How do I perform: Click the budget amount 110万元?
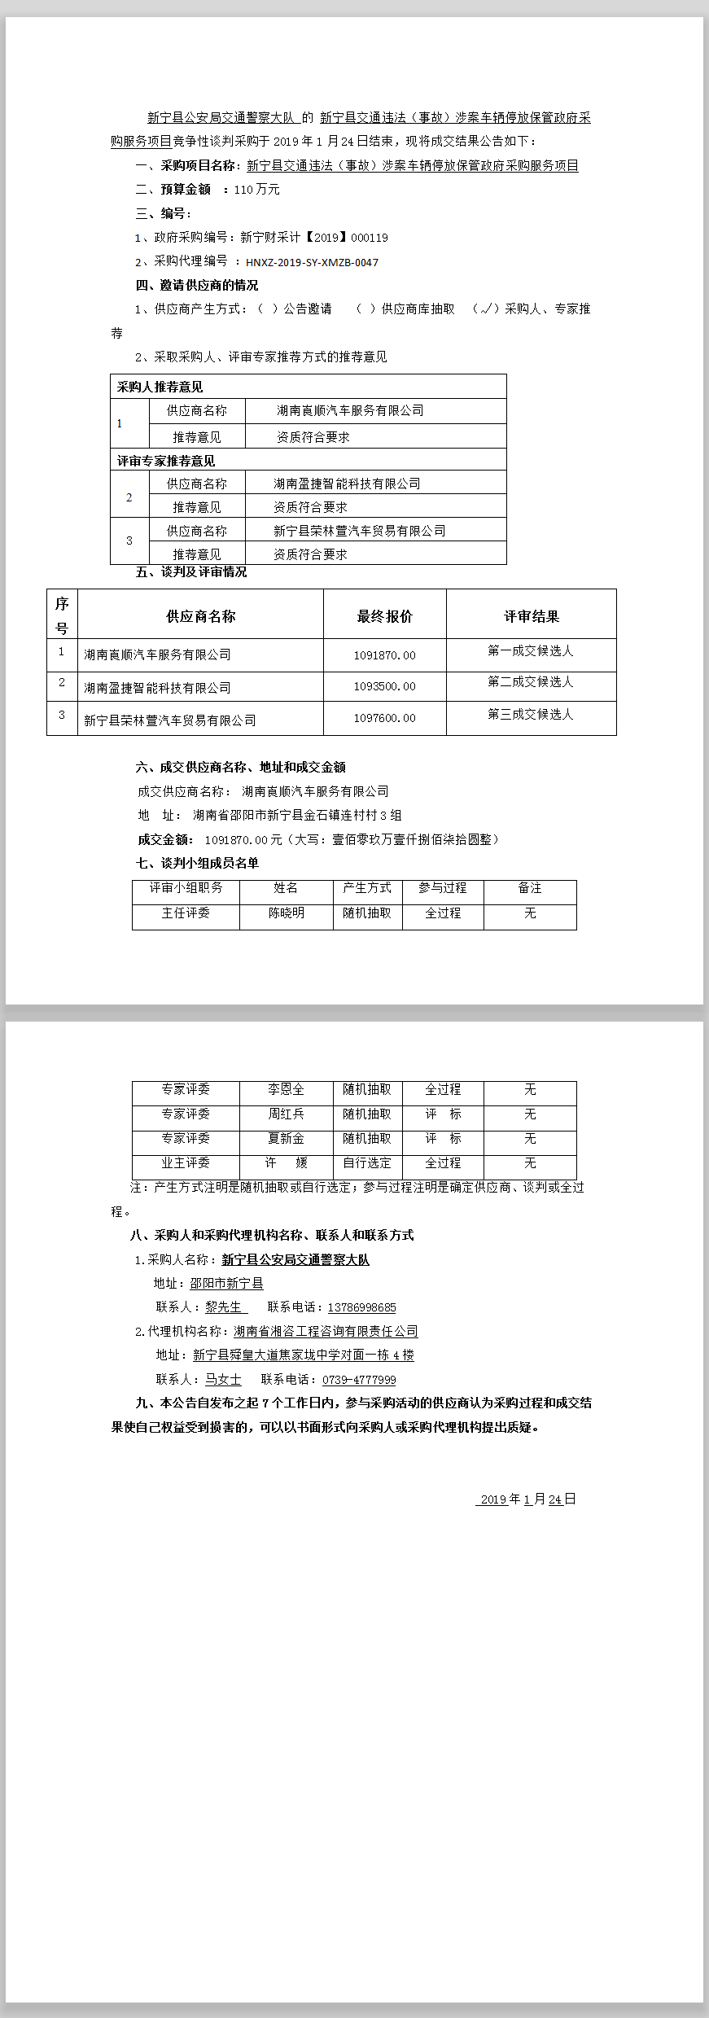(x=256, y=190)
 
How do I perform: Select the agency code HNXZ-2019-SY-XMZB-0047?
(x=312, y=262)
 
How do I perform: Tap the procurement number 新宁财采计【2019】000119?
(x=314, y=238)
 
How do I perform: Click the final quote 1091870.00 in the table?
(x=384, y=655)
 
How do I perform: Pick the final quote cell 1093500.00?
(x=384, y=687)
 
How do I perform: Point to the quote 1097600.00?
(x=384, y=718)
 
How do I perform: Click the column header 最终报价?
(x=384, y=616)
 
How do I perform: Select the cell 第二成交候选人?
(x=530, y=682)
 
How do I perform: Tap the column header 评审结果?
(x=531, y=616)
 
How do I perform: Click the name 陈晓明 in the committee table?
(x=287, y=913)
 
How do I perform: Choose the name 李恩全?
(x=286, y=1089)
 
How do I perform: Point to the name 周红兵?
(x=286, y=1114)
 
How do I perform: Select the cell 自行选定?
(x=367, y=1163)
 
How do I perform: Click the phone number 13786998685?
(x=361, y=1307)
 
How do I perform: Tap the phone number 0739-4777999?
(x=359, y=1380)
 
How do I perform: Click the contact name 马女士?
(x=223, y=1380)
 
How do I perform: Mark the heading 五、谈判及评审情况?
(x=191, y=572)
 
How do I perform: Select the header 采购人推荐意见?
(x=160, y=387)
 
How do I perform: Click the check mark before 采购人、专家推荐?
(x=487, y=309)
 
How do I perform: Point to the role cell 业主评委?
(x=186, y=1163)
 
